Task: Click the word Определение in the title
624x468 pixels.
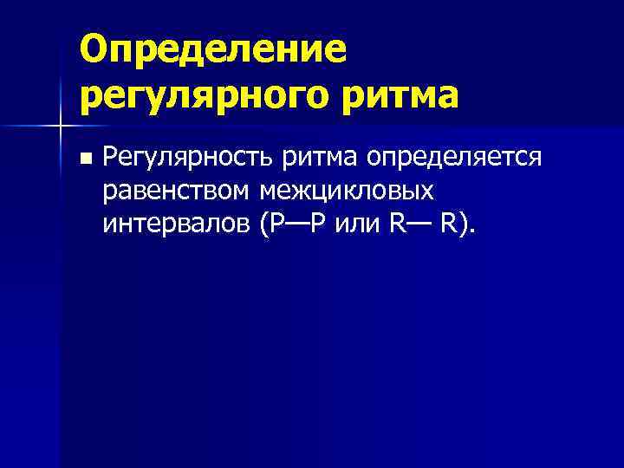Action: [x=212, y=49]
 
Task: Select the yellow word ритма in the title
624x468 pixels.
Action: [x=397, y=96]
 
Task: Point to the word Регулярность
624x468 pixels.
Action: [x=186, y=159]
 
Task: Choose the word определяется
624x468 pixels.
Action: [x=455, y=159]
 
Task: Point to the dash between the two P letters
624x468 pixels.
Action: [x=296, y=224]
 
